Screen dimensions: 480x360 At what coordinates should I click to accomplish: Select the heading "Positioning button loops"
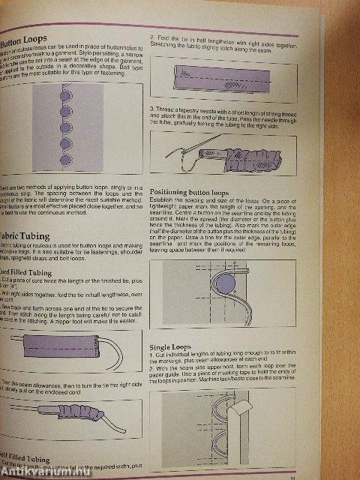(x=196, y=192)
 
